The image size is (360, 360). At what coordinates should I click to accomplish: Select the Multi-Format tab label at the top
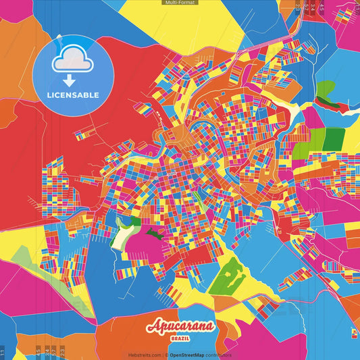[180, 3]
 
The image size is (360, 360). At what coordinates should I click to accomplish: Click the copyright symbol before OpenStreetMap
[166, 355]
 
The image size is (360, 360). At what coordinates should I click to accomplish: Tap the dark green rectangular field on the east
[334, 138]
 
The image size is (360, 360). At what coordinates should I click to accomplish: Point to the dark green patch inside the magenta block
[155, 233]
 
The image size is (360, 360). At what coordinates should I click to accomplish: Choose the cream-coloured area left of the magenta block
[124, 235]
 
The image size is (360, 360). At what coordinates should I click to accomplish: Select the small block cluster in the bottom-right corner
[354, 332]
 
